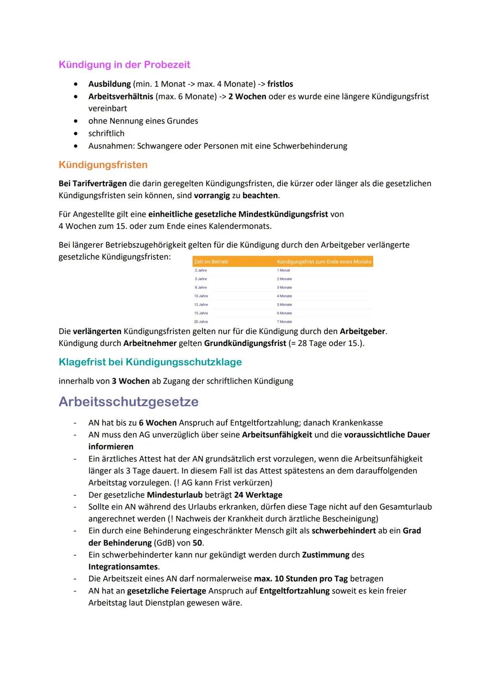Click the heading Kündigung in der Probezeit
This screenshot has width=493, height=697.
(x=124, y=65)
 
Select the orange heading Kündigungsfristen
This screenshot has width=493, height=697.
(x=103, y=165)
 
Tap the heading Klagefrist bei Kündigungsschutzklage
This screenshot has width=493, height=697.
(x=150, y=362)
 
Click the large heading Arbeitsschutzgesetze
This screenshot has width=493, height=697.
(x=129, y=402)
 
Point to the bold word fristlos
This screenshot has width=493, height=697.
(x=280, y=84)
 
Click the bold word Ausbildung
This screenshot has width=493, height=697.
(x=110, y=84)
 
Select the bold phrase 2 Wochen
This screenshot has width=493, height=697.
(x=247, y=96)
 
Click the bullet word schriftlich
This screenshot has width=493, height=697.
(x=106, y=133)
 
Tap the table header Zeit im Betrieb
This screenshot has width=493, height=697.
(x=211, y=262)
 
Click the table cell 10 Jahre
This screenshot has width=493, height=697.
(x=201, y=296)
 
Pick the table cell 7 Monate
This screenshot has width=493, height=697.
(x=284, y=322)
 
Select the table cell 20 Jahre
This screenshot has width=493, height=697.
(x=201, y=322)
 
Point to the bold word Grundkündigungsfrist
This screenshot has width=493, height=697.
(x=245, y=343)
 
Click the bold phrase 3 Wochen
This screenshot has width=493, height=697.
(x=131, y=381)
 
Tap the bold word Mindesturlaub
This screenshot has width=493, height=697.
(x=174, y=495)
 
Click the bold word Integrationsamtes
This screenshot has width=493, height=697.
(x=123, y=567)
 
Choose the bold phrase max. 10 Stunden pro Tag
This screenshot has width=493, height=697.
(x=300, y=579)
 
